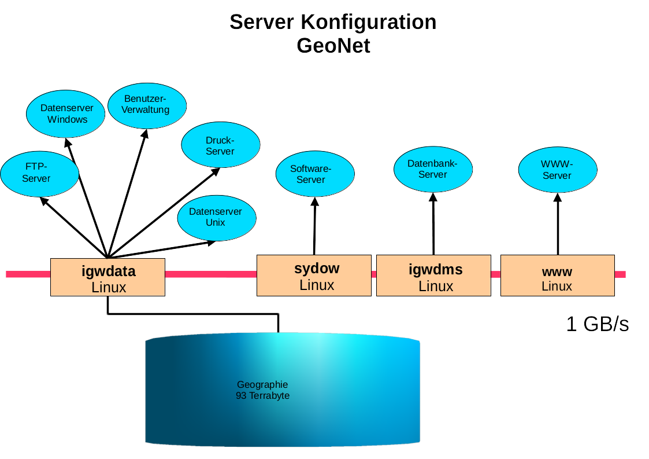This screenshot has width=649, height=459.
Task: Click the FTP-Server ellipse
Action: (x=39, y=172)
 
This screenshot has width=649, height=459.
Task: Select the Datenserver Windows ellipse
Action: (x=67, y=113)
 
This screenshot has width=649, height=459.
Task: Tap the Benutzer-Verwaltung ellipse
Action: (x=147, y=105)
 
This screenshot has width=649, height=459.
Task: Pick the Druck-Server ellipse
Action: (x=220, y=145)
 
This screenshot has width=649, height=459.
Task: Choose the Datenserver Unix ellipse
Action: (x=215, y=217)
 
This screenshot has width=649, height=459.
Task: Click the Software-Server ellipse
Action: (x=315, y=174)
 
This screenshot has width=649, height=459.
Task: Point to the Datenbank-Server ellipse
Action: (x=433, y=168)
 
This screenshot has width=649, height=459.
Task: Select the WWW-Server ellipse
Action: (x=557, y=170)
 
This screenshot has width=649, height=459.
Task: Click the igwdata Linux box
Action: (x=108, y=277)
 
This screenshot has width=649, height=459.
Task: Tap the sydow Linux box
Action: (x=314, y=276)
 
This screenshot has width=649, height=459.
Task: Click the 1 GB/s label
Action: (x=597, y=324)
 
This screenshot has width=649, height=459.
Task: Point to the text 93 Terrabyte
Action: (x=263, y=396)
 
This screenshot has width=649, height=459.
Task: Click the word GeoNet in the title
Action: (x=333, y=45)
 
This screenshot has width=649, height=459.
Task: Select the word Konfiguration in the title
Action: (x=368, y=22)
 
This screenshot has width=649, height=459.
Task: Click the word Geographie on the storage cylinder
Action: (x=262, y=384)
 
